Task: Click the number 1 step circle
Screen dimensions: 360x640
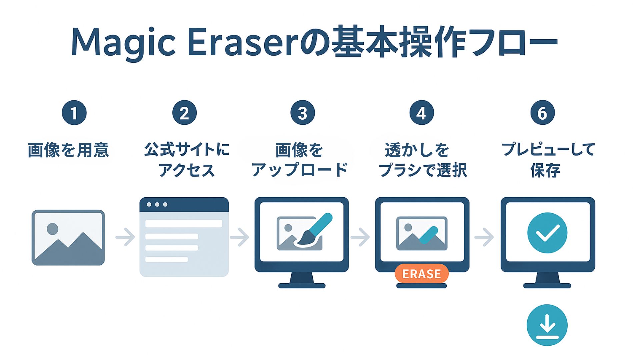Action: pos(74,113)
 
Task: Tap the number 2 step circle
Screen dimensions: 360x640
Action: pos(184,113)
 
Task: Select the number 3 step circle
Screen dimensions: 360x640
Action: pos(303,113)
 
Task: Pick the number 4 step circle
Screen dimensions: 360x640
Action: pos(421,113)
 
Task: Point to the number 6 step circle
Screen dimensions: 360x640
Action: pos(542,113)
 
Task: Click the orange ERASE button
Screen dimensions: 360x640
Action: pos(421,274)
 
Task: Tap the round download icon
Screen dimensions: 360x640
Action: pos(547,325)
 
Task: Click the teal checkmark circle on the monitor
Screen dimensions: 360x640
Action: pos(547,233)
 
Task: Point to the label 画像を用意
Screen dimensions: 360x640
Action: pos(68,150)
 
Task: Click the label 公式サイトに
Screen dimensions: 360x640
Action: pos(187,149)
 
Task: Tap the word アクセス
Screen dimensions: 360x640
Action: pos(187,170)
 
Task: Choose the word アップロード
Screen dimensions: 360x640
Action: pos(300,170)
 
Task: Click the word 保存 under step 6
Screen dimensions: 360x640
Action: pos(545,170)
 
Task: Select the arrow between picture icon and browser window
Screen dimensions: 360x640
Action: pos(125,237)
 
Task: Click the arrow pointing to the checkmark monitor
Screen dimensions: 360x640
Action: pos(484,237)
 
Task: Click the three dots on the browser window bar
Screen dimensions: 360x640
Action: pos(157,204)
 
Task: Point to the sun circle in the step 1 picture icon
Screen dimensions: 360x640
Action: pos(52,229)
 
